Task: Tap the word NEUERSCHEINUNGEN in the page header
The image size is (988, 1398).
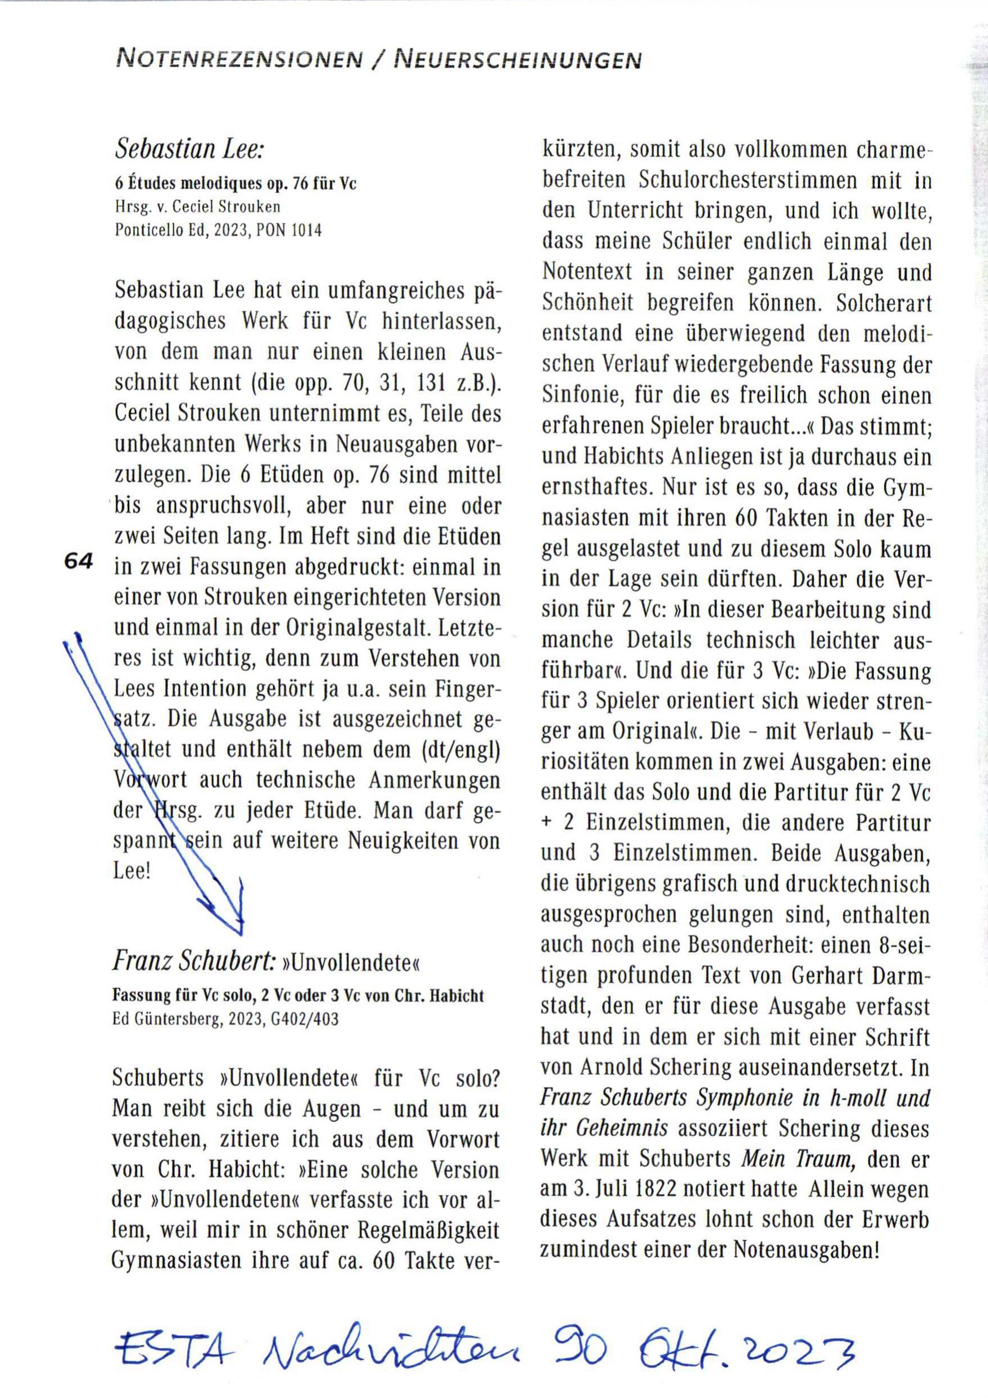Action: [x=518, y=60]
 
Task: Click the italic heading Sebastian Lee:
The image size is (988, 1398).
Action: [x=189, y=149]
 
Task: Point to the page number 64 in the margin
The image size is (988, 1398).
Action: [x=78, y=560]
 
